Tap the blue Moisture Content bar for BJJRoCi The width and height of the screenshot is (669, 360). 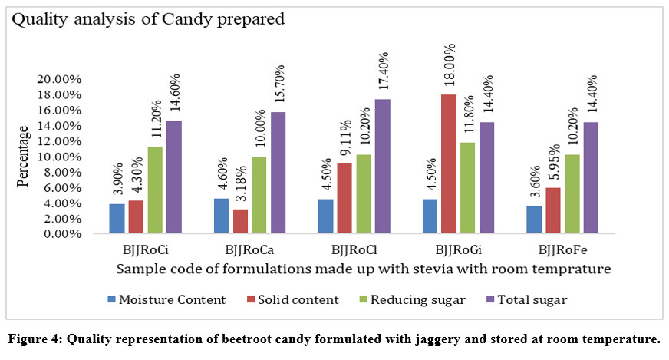[x=117, y=218]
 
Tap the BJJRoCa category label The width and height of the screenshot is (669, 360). [x=249, y=251]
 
